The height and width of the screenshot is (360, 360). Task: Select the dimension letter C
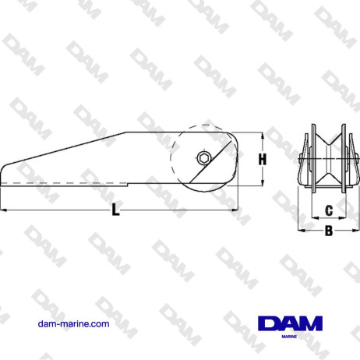point(328,210)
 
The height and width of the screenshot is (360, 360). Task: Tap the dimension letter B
point(328,231)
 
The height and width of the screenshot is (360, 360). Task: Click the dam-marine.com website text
point(73,323)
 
